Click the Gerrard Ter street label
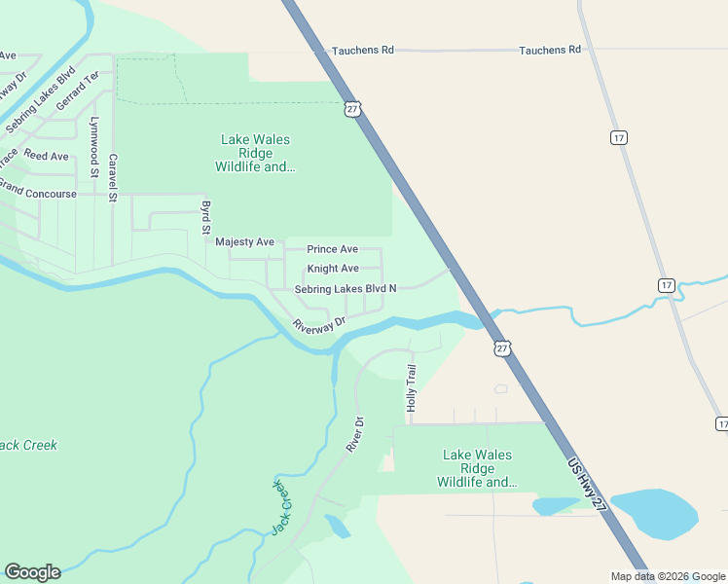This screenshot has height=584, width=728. tap(78, 90)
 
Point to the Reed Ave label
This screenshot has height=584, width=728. tap(46, 156)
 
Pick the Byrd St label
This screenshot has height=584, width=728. tap(205, 218)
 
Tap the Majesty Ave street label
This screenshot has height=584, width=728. tap(244, 241)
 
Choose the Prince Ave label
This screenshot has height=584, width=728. tap(333, 249)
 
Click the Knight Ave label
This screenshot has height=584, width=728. tap(333, 269)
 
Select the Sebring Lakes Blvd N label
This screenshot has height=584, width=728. tap(346, 288)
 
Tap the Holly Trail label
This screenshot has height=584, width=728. tap(412, 385)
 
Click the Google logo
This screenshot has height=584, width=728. tap(32, 572)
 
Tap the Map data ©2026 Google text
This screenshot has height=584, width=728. tap(669, 576)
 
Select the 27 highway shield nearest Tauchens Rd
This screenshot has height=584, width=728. tap(351, 108)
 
